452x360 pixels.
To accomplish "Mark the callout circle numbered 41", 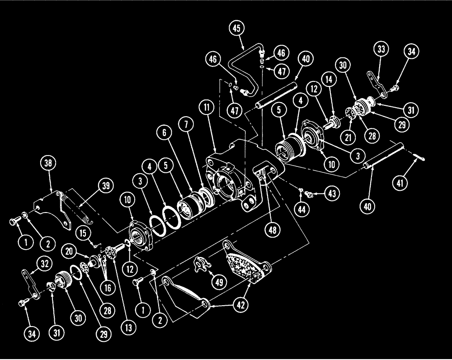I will point(411,184).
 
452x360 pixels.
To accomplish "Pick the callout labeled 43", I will point(332,194).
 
